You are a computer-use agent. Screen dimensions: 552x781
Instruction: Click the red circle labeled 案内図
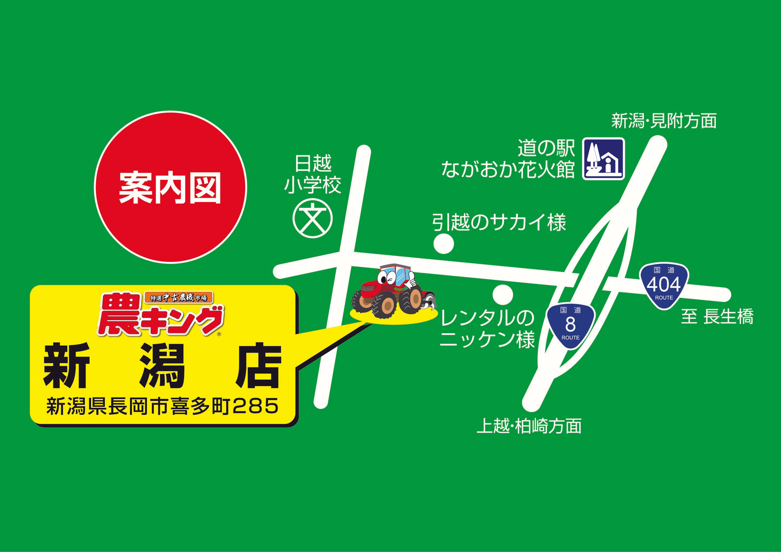[170, 187]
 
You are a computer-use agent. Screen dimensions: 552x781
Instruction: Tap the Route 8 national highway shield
[570, 325]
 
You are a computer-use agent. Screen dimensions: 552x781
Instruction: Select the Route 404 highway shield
[664, 285]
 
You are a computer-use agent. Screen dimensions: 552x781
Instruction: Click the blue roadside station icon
[603, 158]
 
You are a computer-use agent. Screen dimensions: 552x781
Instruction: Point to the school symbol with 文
[312, 219]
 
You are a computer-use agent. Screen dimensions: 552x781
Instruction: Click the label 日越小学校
[313, 174]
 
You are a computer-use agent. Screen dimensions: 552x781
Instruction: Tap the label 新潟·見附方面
[664, 120]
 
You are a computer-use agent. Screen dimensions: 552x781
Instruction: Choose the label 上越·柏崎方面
[529, 426]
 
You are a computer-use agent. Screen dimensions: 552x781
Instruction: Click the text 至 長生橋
[717, 317]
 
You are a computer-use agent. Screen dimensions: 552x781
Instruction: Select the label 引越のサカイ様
[498, 222]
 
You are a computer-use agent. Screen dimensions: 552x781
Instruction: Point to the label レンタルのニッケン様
[487, 329]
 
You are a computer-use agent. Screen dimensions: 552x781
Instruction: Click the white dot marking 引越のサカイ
[444, 244]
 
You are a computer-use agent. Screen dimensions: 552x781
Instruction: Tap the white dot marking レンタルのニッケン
[503, 295]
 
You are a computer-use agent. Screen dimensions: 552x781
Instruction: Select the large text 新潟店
[162, 367]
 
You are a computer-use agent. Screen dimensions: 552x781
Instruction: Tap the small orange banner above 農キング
[179, 297]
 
